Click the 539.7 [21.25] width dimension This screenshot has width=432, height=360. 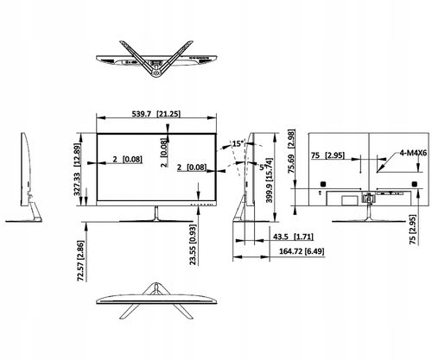(x=156, y=114)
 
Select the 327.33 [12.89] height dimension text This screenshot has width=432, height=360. (x=77, y=169)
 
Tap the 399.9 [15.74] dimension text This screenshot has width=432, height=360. (x=270, y=180)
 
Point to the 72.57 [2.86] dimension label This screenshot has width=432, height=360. (x=81, y=261)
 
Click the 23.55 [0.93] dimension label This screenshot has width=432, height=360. (x=193, y=244)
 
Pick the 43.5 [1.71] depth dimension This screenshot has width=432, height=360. (x=293, y=237)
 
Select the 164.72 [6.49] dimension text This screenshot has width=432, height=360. (x=302, y=251)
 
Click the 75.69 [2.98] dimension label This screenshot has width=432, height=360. (x=292, y=151)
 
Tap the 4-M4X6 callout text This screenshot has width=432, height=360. (x=413, y=153)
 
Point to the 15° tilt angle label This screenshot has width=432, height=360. (x=238, y=143)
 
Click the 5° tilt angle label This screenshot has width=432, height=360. (x=262, y=167)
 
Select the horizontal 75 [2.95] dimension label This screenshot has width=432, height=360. (x=327, y=155)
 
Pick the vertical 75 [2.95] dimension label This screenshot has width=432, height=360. (x=413, y=230)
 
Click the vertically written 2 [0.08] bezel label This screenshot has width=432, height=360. (x=164, y=153)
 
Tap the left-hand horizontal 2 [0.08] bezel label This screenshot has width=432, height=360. (x=127, y=159)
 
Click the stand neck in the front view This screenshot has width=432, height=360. (x=156, y=213)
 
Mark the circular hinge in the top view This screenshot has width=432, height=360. (x=156, y=73)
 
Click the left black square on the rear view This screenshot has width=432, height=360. (x=322, y=184)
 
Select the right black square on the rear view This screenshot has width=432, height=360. (x=415, y=184)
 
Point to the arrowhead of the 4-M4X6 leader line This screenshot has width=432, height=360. (x=378, y=172)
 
